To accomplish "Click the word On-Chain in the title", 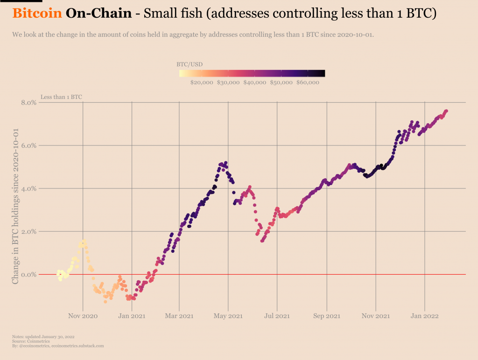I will tap(98, 13).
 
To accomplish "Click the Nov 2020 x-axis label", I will tap(83, 316).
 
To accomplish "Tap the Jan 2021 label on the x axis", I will tap(132, 316).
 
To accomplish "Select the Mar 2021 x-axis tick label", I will tap(179, 316).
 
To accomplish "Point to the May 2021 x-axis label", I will tap(228, 316).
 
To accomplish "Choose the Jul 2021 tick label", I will tap(277, 316).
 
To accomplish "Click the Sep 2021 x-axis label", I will tap(327, 316).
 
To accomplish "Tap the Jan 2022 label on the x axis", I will tap(425, 316).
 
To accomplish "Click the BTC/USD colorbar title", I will tap(190, 64).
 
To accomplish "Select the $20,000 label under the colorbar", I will tap(202, 83).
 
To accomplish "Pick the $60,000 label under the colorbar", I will tap(308, 83).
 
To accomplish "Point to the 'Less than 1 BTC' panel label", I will tap(61, 97).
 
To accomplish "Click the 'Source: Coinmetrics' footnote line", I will tap(32, 341).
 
